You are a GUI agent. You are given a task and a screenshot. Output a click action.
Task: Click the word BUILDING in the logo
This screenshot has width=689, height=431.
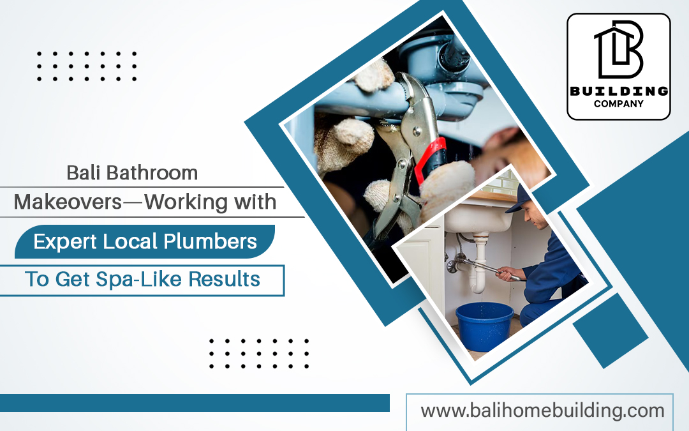click(618, 91)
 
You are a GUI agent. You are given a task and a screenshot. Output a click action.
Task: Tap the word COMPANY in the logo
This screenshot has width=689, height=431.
click(618, 103)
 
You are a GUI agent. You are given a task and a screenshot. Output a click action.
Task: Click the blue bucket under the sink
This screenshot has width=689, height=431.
click(484, 326)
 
